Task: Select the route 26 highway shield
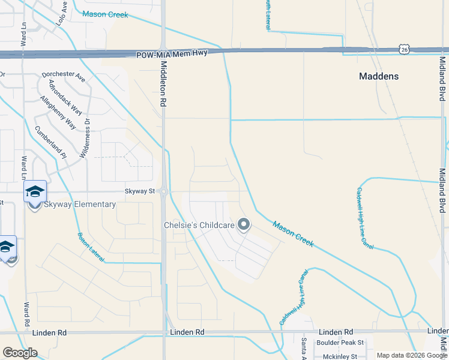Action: [405, 50]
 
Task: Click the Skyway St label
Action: [140, 191]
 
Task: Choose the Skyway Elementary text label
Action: [79, 204]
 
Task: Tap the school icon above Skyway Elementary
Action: [35, 191]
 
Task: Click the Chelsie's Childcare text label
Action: [199, 226]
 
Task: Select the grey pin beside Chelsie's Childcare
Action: [244, 225]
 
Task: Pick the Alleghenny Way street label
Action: [58, 112]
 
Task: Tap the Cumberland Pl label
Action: [50, 143]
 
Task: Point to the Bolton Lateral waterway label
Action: [91, 247]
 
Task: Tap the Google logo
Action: [20, 353]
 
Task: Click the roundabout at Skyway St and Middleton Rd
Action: [163, 193]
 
